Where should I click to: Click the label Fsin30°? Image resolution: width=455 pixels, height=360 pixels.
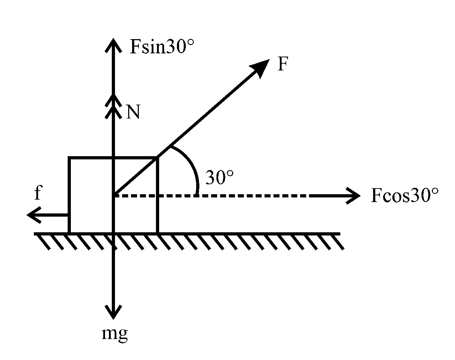(162, 47)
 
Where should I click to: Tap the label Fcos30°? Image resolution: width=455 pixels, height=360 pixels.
(405, 195)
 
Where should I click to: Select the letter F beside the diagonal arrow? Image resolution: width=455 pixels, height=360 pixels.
(283, 64)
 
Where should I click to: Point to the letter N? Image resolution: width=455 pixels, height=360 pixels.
(133, 112)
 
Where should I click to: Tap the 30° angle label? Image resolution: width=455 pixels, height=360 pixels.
(219, 177)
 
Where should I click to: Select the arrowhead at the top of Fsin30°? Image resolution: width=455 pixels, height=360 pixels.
(113, 45)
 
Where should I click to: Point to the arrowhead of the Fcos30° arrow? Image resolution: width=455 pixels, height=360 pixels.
(353, 196)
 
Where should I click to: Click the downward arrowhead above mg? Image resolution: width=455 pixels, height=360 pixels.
(113, 312)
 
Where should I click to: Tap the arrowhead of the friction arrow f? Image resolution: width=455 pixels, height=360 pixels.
(34, 215)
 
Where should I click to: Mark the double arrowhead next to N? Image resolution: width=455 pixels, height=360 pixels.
(113, 107)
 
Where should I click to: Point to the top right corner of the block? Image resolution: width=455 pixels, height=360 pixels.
(158, 158)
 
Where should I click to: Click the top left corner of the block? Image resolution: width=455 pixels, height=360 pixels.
(69, 158)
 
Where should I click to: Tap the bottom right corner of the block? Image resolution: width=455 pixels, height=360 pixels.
(158, 233)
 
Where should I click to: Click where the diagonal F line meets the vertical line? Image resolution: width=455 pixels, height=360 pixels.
(114, 195)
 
